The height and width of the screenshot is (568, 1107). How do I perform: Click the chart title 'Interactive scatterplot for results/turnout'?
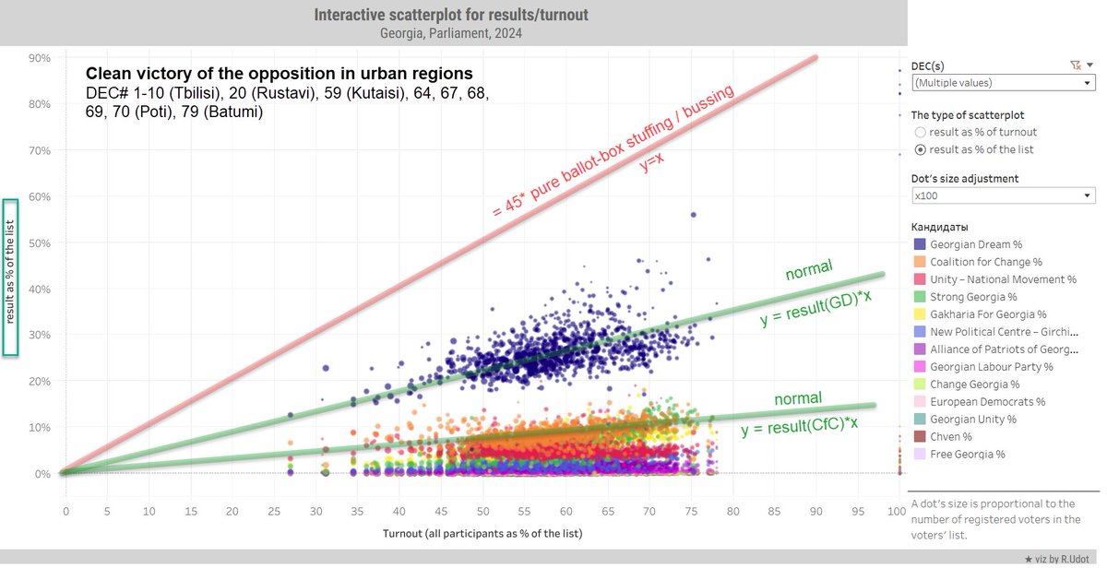click(x=451, y=15)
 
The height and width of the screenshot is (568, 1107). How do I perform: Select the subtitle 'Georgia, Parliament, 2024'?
click(x=451, y=33)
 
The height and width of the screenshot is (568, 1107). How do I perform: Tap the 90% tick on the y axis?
click(x=40, y=58)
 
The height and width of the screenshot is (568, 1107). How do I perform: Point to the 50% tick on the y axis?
click(x=40, y=243)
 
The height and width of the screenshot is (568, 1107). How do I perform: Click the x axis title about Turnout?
click(x=482, y=533)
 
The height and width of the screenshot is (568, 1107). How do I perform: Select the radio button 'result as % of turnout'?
click(x=920, y=133)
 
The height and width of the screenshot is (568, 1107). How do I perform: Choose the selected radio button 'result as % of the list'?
click(x=920, y=150)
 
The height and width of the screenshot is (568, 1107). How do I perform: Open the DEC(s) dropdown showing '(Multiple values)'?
click(x=1003, y=83)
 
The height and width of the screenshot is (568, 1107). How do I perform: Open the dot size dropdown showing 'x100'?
click(x=1003, y=196)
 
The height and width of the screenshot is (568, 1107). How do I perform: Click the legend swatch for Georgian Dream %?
click(x=919, y=244)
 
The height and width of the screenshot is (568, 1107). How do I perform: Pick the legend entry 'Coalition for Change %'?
click(x=985, y=262)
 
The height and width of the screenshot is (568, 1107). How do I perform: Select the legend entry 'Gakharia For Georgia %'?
click(x=988, y=314)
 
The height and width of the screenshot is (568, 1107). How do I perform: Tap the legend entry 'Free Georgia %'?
click(x=967, y=454)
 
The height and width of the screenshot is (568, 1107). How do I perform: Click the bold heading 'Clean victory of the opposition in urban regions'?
click(x=279, y=74)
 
